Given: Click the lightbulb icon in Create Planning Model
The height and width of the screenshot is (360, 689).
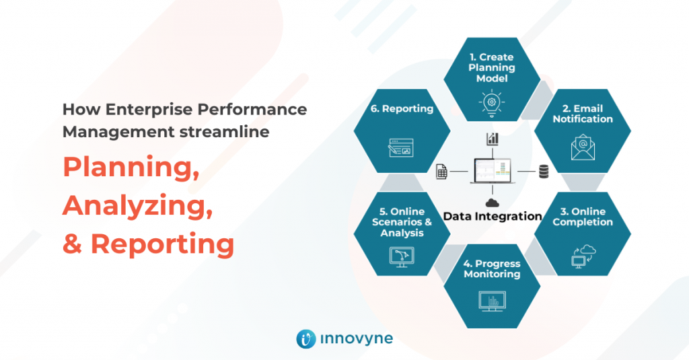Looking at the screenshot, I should (x=492, y=103).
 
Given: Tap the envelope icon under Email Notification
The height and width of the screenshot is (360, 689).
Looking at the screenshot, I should (x=583, y=147).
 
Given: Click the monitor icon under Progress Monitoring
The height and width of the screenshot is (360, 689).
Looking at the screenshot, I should (x=492, y=299).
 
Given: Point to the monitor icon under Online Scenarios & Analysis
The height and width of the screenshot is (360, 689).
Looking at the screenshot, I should (x=402, y=256).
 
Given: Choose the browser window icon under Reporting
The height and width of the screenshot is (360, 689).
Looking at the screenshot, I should (x=401, y=147).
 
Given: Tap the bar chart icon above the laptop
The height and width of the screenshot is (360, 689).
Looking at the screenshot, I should (x=493, y=139).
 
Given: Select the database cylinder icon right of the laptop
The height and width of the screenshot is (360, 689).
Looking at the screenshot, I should (x=543, y=172).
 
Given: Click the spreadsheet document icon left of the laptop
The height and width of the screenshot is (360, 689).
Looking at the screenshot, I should (x=441, y=172).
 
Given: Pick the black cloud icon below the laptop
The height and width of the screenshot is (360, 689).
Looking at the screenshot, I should (x=493, y=202).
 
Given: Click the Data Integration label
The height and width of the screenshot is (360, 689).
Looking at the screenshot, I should (x=493, y=217).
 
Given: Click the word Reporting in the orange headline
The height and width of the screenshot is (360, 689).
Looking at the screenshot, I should (x=162, y=244).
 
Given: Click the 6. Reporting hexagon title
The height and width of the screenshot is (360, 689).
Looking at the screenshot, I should (x=401, y=109).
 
